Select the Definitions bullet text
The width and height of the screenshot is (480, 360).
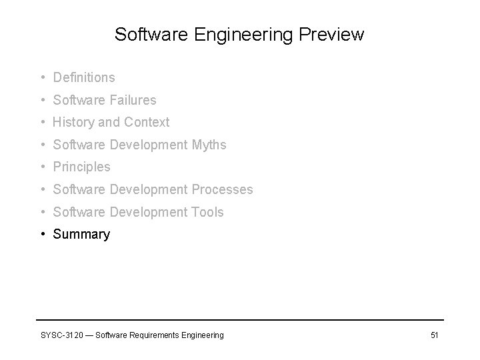[x=84, y=78]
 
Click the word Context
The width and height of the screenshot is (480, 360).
[x=147, y=123]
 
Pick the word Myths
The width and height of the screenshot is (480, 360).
[x=208, y=145]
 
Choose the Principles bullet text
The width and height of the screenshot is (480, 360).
[x=81, y=167]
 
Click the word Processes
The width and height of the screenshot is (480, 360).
[x=223, y=190]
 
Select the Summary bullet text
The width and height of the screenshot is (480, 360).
[x=81, y=235]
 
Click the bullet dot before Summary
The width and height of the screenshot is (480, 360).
[x=42, y=235]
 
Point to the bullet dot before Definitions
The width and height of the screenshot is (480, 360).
[x=42, y=78]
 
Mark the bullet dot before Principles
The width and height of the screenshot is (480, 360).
[x=42, y=167]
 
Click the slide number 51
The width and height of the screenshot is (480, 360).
[x=434, y=335]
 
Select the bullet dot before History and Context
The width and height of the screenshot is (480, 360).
[x=42, y=123]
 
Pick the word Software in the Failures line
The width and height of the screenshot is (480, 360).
[x=78, y=100]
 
